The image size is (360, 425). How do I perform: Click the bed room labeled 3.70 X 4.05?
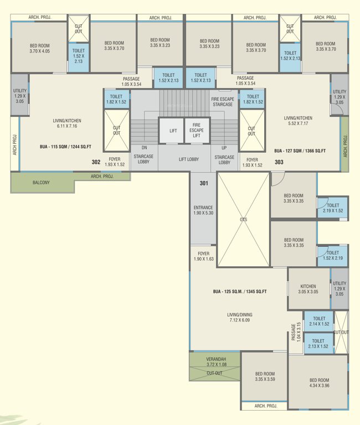(39, 48)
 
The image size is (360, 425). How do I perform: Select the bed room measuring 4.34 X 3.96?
(319, 383)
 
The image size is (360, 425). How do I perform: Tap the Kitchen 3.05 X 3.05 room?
(308, 288)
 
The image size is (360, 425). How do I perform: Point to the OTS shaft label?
(243, 220)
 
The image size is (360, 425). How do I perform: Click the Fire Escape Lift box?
(196, 131)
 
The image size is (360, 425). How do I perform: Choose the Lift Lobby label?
(189, 159)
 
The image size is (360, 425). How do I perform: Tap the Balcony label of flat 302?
(42, 182)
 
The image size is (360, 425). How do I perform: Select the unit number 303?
(279, 162)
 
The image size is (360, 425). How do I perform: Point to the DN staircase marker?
(144, 148)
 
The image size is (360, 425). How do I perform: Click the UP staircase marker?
(224, 148)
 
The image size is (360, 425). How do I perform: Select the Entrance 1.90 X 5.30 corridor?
(204, 210)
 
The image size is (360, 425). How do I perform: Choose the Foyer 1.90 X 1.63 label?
(204, 256)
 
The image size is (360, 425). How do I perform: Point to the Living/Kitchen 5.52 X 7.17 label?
(298, 121)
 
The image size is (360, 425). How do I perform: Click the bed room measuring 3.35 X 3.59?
(265, 377)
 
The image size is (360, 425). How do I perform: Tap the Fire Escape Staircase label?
(223, 101)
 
